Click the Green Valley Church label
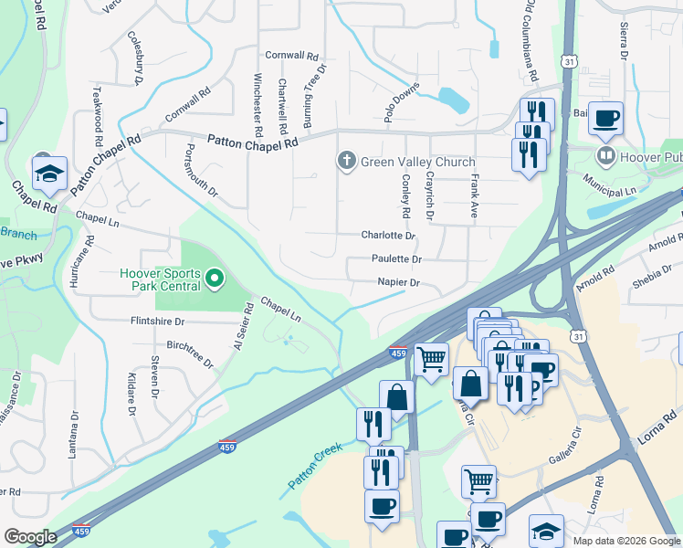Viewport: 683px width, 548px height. point(417,162)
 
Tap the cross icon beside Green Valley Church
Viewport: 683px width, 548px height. point(346,162)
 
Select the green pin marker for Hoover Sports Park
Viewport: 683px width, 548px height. point(215,277)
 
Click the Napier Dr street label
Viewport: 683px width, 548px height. point(398,282)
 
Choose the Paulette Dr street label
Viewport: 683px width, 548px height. point(396,258)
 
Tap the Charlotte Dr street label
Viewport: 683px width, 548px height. point(388,235)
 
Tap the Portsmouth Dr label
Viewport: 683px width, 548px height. point(202,170)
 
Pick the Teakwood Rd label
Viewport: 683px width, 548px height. point(97,119)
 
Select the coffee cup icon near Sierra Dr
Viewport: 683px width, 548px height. point(605,119)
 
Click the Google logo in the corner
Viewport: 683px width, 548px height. point(30,537)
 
